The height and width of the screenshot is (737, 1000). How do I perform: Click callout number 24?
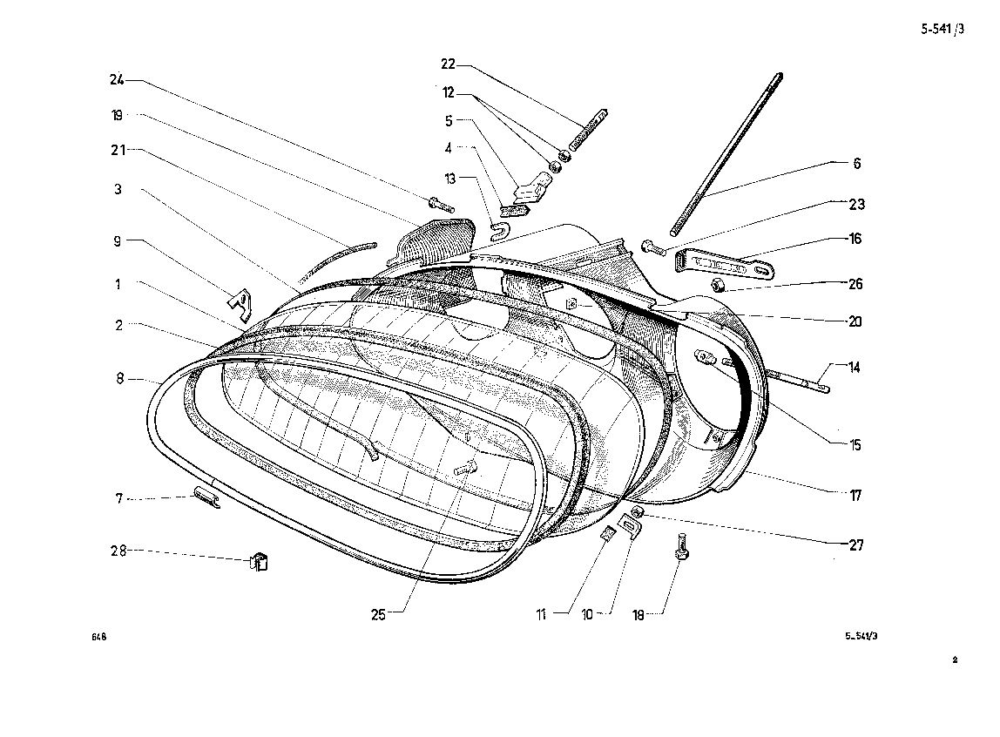click(117, 79)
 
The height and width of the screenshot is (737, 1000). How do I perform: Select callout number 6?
click(856, 163)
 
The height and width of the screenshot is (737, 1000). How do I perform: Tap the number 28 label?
click(118, 551)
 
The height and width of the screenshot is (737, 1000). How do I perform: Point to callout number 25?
click(378, 614)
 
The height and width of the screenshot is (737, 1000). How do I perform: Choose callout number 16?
click(856, 238)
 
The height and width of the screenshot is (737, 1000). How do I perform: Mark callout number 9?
click(117, 243)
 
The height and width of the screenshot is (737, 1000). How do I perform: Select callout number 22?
click(449, 64)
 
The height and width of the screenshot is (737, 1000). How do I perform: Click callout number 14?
click(855, 368)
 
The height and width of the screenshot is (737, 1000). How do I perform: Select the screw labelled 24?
click(442, 206)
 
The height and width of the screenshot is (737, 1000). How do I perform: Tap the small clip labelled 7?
click(206, 497)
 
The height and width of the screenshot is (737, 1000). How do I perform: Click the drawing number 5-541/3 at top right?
click(943, 29)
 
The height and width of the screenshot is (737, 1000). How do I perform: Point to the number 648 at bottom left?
click(98, 637)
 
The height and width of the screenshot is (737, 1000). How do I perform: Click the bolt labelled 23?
click(654, 248)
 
